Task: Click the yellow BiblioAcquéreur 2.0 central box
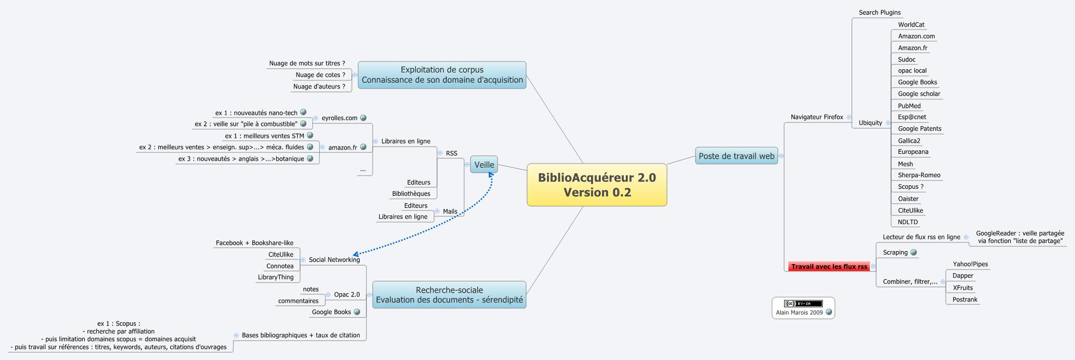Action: pos(596,185)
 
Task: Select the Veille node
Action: pos(484,165)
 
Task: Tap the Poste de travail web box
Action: pos(736,156)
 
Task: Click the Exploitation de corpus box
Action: pos(442,75)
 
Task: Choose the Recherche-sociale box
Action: pos(449,295)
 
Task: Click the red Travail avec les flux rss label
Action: pos(829,267)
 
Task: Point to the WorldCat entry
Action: pos(911,25)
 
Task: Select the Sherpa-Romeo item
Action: pos(919,175)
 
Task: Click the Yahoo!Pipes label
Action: pos(970,264)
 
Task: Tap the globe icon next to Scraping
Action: pos(913,252)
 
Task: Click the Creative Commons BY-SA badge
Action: pos(803,303)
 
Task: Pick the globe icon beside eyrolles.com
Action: pos(363,118)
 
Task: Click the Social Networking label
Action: pos(334,260)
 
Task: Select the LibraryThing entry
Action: pos(275,277)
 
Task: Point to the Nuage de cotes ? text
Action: pos(320,75)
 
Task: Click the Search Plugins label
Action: pos(879,13)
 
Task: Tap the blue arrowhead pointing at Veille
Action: pos(491,175)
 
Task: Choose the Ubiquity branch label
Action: pos(870,123)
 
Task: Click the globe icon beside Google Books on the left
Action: pos(357,312)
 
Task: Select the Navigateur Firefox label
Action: pos(817,117)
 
